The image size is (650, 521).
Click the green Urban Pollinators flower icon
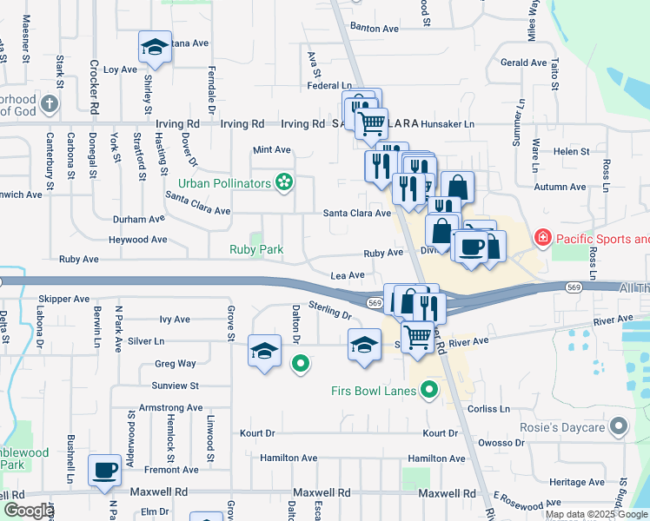(x=282, y=182)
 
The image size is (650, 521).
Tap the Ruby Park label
(x=256, y=249)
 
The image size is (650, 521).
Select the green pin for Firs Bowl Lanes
(x=428, y=390)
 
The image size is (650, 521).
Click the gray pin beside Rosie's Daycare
(x=619, y=426)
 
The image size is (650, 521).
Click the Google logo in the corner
(x=28, y=511)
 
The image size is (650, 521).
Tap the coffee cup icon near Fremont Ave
(x=104, y=470)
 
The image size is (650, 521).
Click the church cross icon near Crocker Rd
(x=50, y=105)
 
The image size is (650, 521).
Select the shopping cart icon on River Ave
(x=418, y=336)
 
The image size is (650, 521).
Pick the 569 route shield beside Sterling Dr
(x=375, y=302)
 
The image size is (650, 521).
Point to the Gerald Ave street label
(x=523, y=63)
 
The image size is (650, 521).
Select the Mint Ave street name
(x=271, y=150)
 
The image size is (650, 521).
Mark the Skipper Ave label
(x=64, y=299)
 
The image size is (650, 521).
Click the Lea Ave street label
(x=348, y=274)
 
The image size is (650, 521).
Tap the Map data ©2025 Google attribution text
(x=596, y=514)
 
